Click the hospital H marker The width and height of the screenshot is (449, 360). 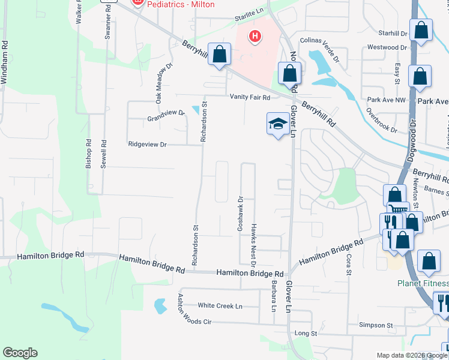pos(256,37)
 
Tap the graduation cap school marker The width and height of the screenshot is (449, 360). pos(277,124)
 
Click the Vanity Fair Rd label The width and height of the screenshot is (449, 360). pos(250,97)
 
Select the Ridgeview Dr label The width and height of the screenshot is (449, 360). pos(147,145)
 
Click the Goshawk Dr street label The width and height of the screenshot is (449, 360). pos(240,214)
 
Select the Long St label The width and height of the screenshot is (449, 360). pos(306,333)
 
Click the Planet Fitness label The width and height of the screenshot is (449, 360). pos(423,284)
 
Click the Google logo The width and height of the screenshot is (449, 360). pos(20,353)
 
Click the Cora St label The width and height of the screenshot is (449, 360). pos(348,265)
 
